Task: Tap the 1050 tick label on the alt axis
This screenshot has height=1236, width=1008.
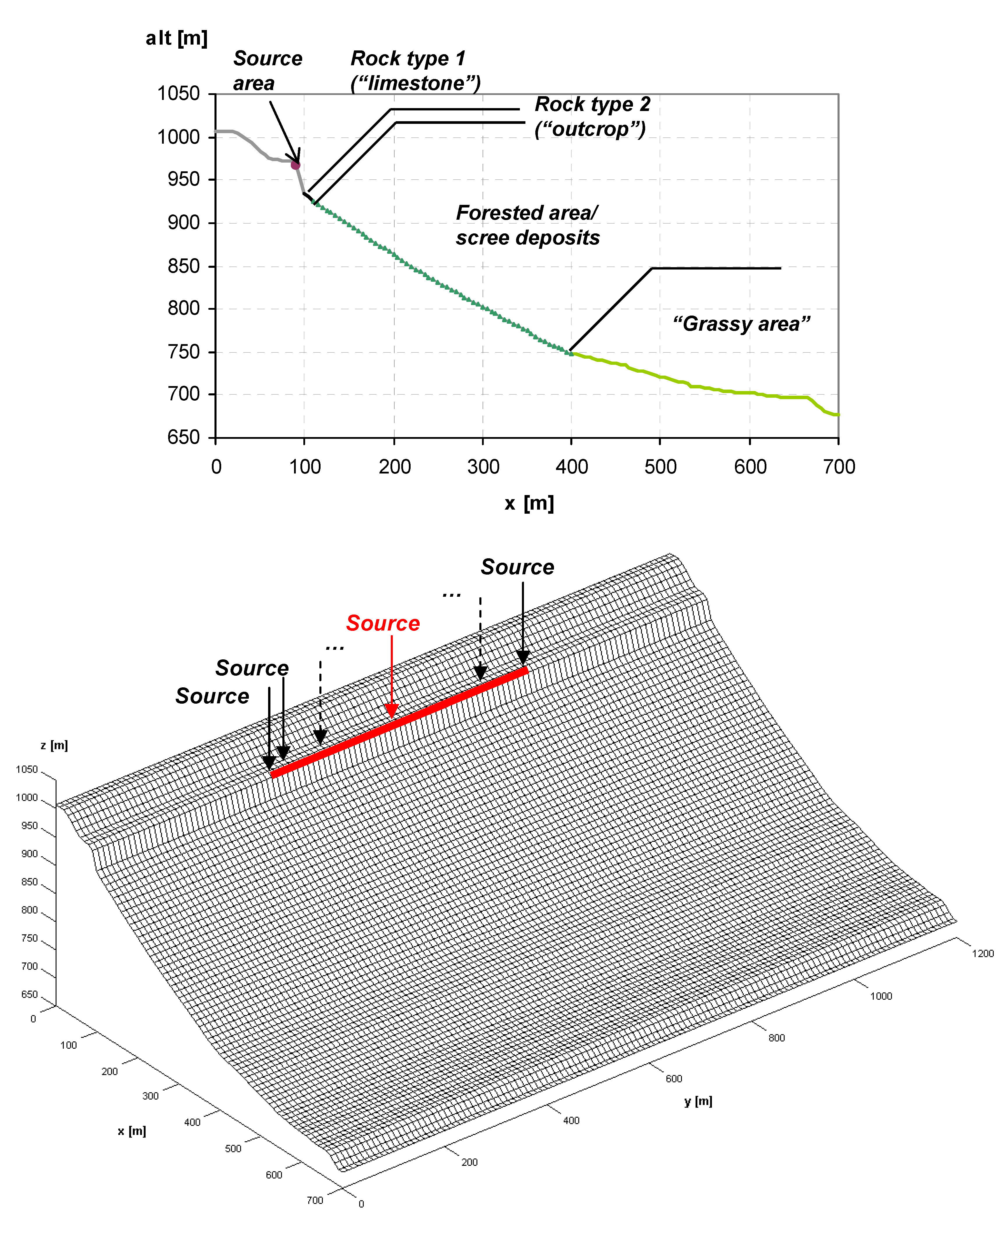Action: (x=178, y=94)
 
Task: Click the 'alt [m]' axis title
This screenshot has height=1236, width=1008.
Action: (x=177, y=38)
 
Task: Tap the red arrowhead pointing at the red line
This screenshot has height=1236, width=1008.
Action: (x=392, y=711)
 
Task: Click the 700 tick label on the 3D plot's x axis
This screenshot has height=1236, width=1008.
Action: (x=315, y=1200)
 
